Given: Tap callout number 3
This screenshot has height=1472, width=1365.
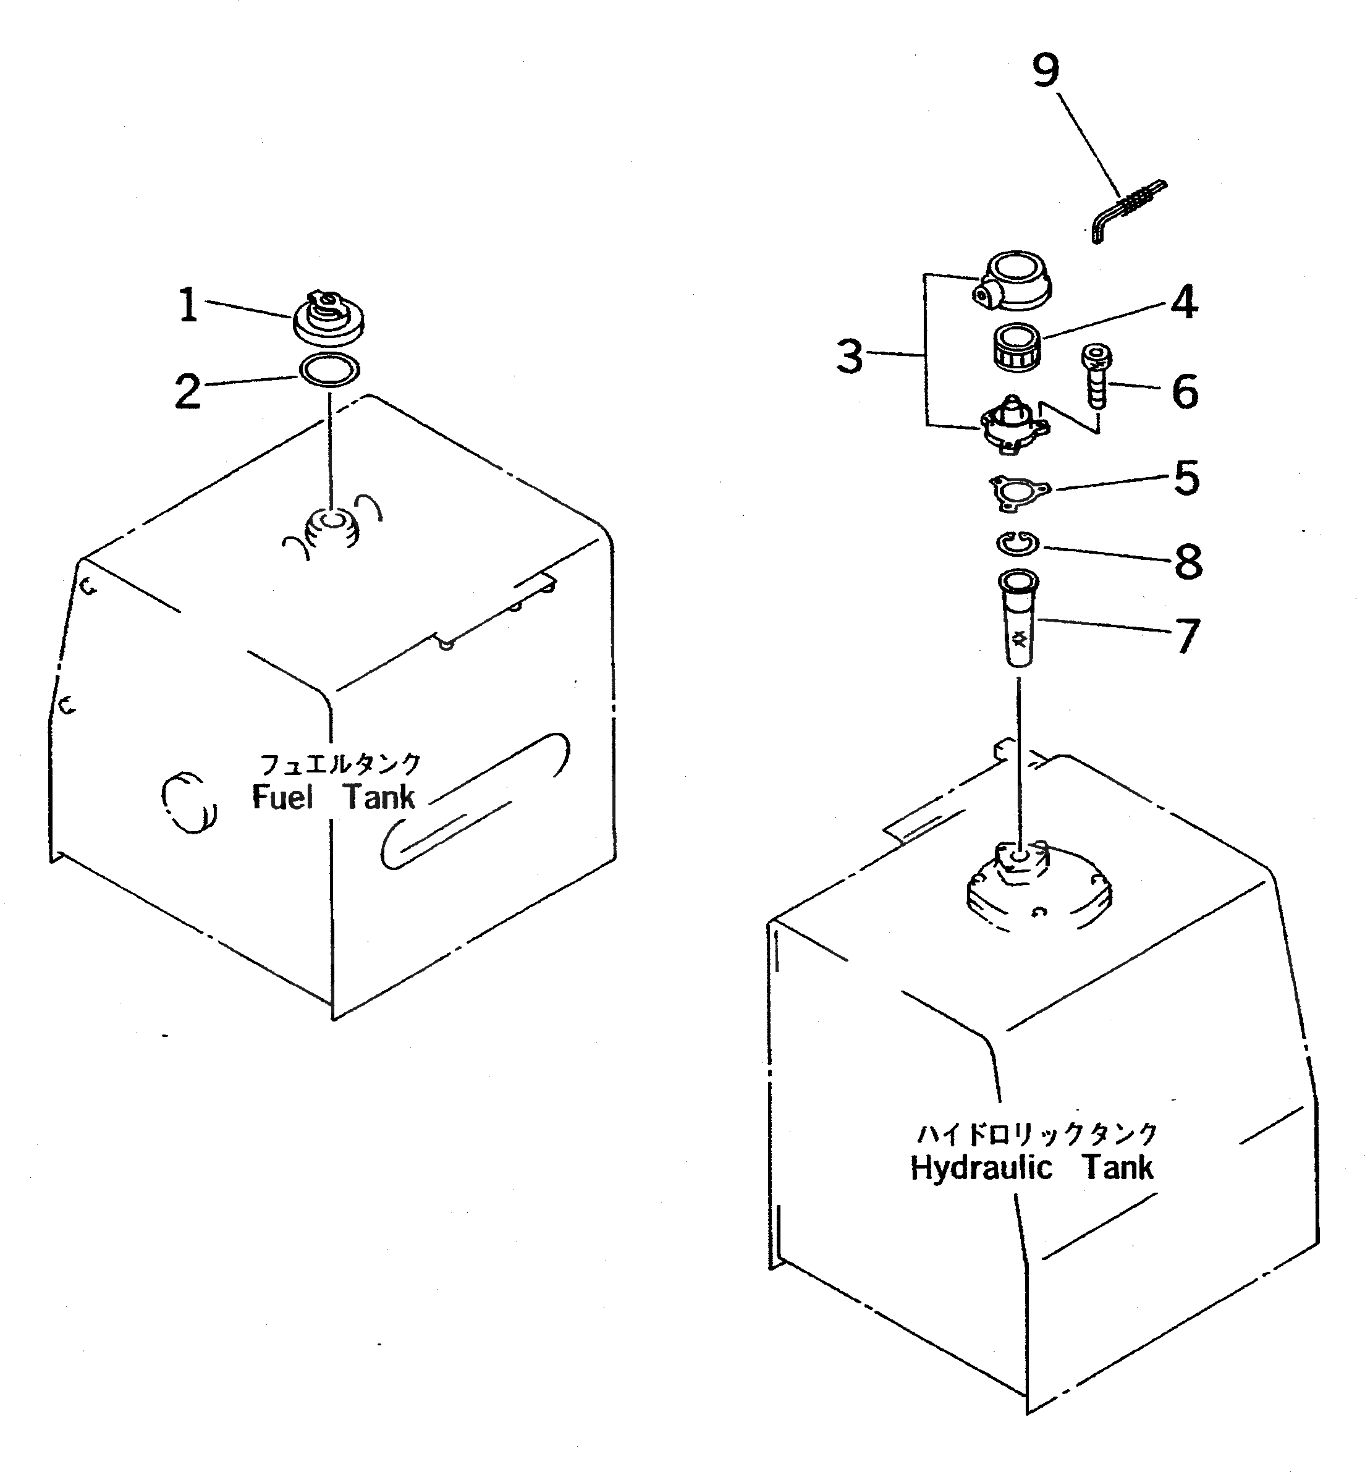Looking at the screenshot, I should tap(850, 357).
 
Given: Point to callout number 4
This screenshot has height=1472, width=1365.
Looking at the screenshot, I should tap(1183, 302).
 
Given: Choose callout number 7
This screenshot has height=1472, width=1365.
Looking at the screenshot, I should tap(1187, 635).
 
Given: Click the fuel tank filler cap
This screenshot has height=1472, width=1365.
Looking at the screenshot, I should tap(329, 318).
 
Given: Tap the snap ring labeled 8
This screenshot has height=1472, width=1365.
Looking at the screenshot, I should tap(1016, 544).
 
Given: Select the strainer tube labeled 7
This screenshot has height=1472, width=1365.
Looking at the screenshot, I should tap(1018, 620).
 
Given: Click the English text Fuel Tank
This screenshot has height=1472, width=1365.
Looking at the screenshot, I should tap(334, 798).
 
